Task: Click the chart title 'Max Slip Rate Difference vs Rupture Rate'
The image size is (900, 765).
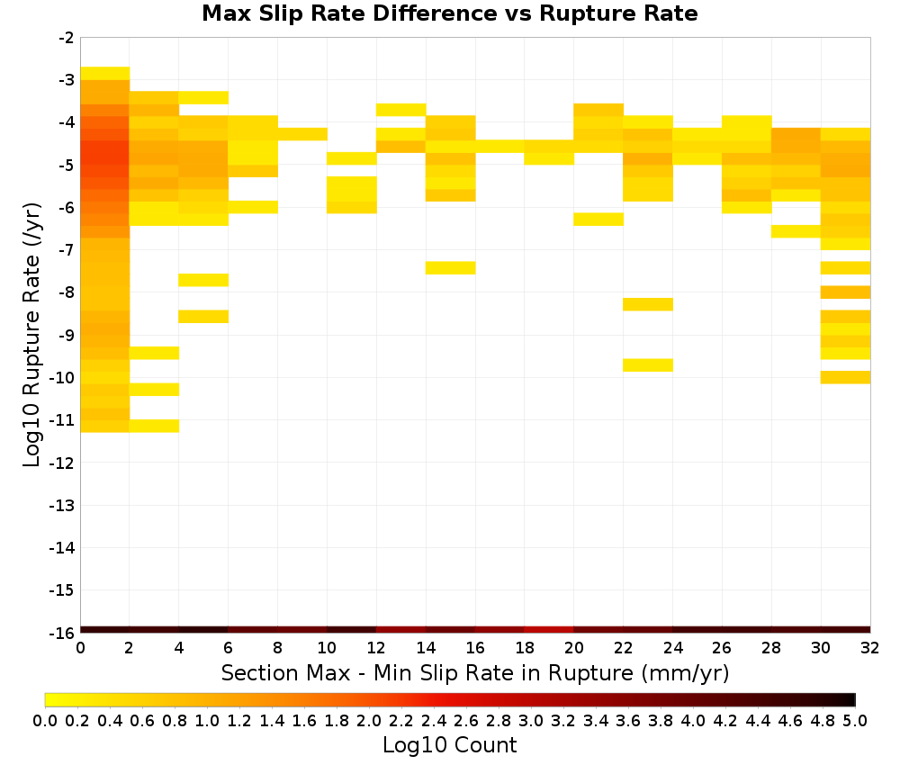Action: coord(449,13)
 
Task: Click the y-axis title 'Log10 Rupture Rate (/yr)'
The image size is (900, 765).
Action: coord(32,335)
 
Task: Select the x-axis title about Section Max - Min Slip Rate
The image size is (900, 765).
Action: coord(475,672)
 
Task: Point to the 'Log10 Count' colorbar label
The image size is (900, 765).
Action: coord(449,745)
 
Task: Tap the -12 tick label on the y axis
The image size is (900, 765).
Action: coord(61,463)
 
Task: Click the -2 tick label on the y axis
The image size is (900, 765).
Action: coord(66,38)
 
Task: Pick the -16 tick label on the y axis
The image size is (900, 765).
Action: coord(61,633)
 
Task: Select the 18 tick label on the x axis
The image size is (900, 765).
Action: coord(524,648)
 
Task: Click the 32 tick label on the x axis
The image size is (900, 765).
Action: coord(869,648)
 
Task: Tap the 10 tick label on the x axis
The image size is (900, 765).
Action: coord(327,648)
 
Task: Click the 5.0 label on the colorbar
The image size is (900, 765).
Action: coord(855,720)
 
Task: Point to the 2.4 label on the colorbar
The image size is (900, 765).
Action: coord(434,720)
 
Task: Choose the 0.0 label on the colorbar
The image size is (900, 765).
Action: coord(45,720)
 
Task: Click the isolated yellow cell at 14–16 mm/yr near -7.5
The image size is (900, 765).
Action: coord(451,268)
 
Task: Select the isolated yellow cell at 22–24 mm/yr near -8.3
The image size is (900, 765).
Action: coord(648,304)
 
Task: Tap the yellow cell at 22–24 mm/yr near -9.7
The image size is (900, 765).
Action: coord(648,365)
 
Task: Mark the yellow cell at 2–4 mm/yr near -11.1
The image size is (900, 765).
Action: coord(155,426)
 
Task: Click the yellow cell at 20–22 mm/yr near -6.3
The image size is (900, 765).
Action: coord(598,220)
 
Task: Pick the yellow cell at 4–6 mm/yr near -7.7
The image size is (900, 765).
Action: coord(203,280)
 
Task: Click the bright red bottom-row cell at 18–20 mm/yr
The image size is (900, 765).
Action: coord(549,630)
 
